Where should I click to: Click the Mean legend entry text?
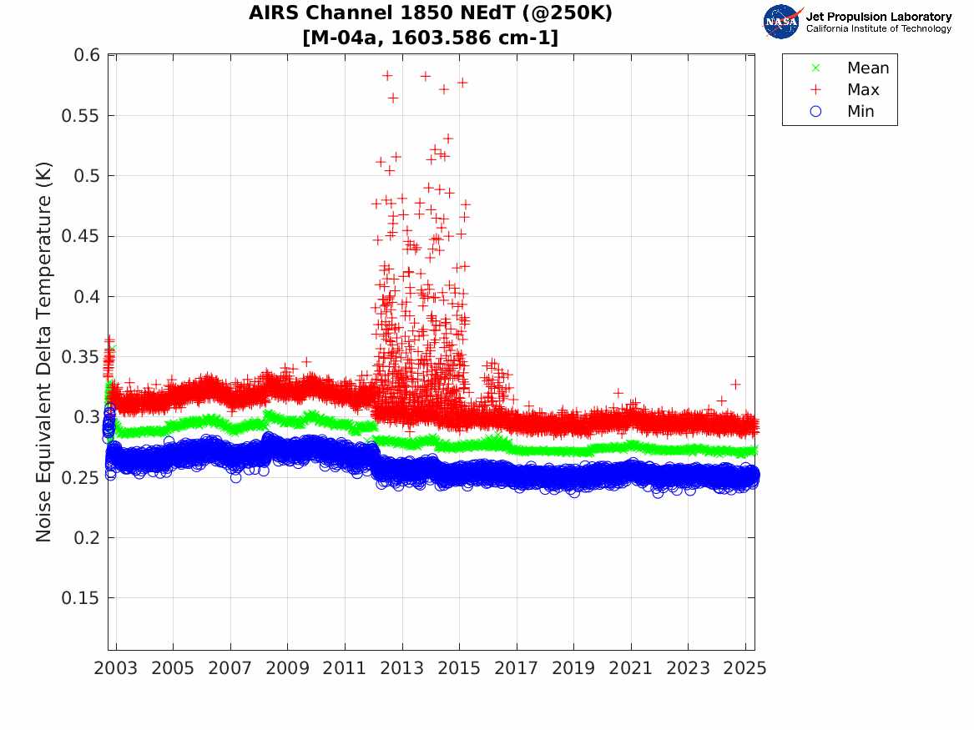pos(868,68)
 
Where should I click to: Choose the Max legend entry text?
pos(863,90)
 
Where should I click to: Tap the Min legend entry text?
pos(860,112)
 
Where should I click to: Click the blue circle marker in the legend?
pos(816,112)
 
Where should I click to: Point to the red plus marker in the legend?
pos(816,90)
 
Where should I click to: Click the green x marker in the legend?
pos(816,68)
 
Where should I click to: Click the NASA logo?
pos(781,22)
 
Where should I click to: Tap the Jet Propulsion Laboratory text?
pos(878,17)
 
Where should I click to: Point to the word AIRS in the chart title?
pos(272,14)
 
